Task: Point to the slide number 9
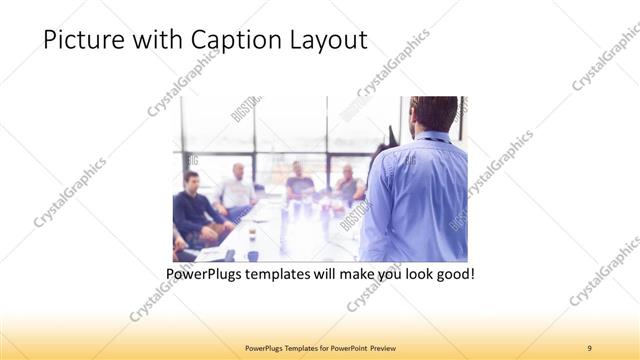[589, 347]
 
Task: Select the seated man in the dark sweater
[192, 207]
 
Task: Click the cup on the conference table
[251, 237]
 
